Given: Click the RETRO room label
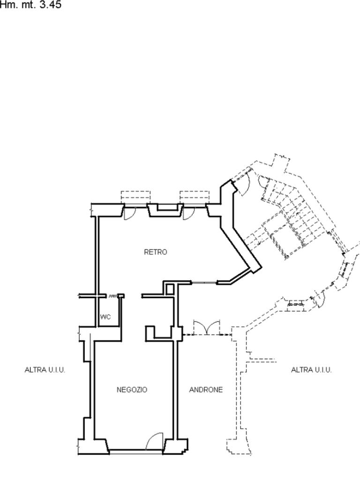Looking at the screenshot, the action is (156, 252).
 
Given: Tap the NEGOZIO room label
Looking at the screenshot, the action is (132, 390).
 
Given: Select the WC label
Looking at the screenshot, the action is (105, 317).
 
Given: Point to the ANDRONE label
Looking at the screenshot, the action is (206, 390).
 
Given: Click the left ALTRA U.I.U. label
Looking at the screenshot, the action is (45, 370).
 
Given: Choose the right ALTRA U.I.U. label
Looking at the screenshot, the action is (311, 370).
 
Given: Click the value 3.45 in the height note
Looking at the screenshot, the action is (51, 5).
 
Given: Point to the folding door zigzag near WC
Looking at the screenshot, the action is (113, 296).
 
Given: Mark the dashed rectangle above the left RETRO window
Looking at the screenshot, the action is (136, 197).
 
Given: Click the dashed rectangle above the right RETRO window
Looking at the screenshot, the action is (195, 197).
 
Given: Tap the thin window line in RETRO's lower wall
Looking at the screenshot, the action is (204, 283).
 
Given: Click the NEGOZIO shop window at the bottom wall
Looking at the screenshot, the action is (136, 451).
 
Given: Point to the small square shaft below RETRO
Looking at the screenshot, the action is (170, 289).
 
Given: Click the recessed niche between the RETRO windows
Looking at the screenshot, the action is (167, 208).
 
